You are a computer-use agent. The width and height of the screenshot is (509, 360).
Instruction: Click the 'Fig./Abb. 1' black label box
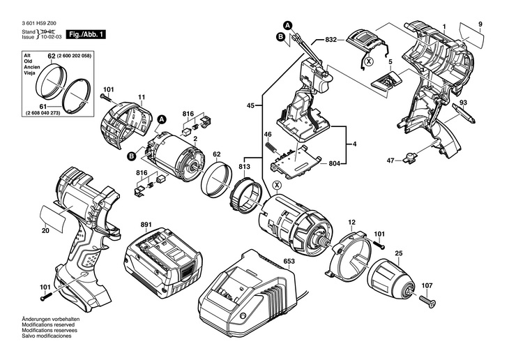tap(79, 34)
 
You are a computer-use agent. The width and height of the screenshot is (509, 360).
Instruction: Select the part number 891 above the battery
tap(146, 225)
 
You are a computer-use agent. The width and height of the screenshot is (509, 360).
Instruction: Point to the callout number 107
tap(427, 285)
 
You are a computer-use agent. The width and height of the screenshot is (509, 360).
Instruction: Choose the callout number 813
tap(244, 167)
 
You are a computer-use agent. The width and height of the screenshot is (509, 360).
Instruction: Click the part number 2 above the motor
tap(195, 140)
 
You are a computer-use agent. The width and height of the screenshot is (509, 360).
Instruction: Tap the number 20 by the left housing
tap(45, 230)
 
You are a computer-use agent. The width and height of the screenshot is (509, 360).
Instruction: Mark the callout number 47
tap(390, 160)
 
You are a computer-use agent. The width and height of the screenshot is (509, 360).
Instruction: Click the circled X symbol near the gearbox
tap(278, 184)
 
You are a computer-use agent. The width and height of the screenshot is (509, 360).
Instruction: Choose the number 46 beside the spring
tap(266, 134)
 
